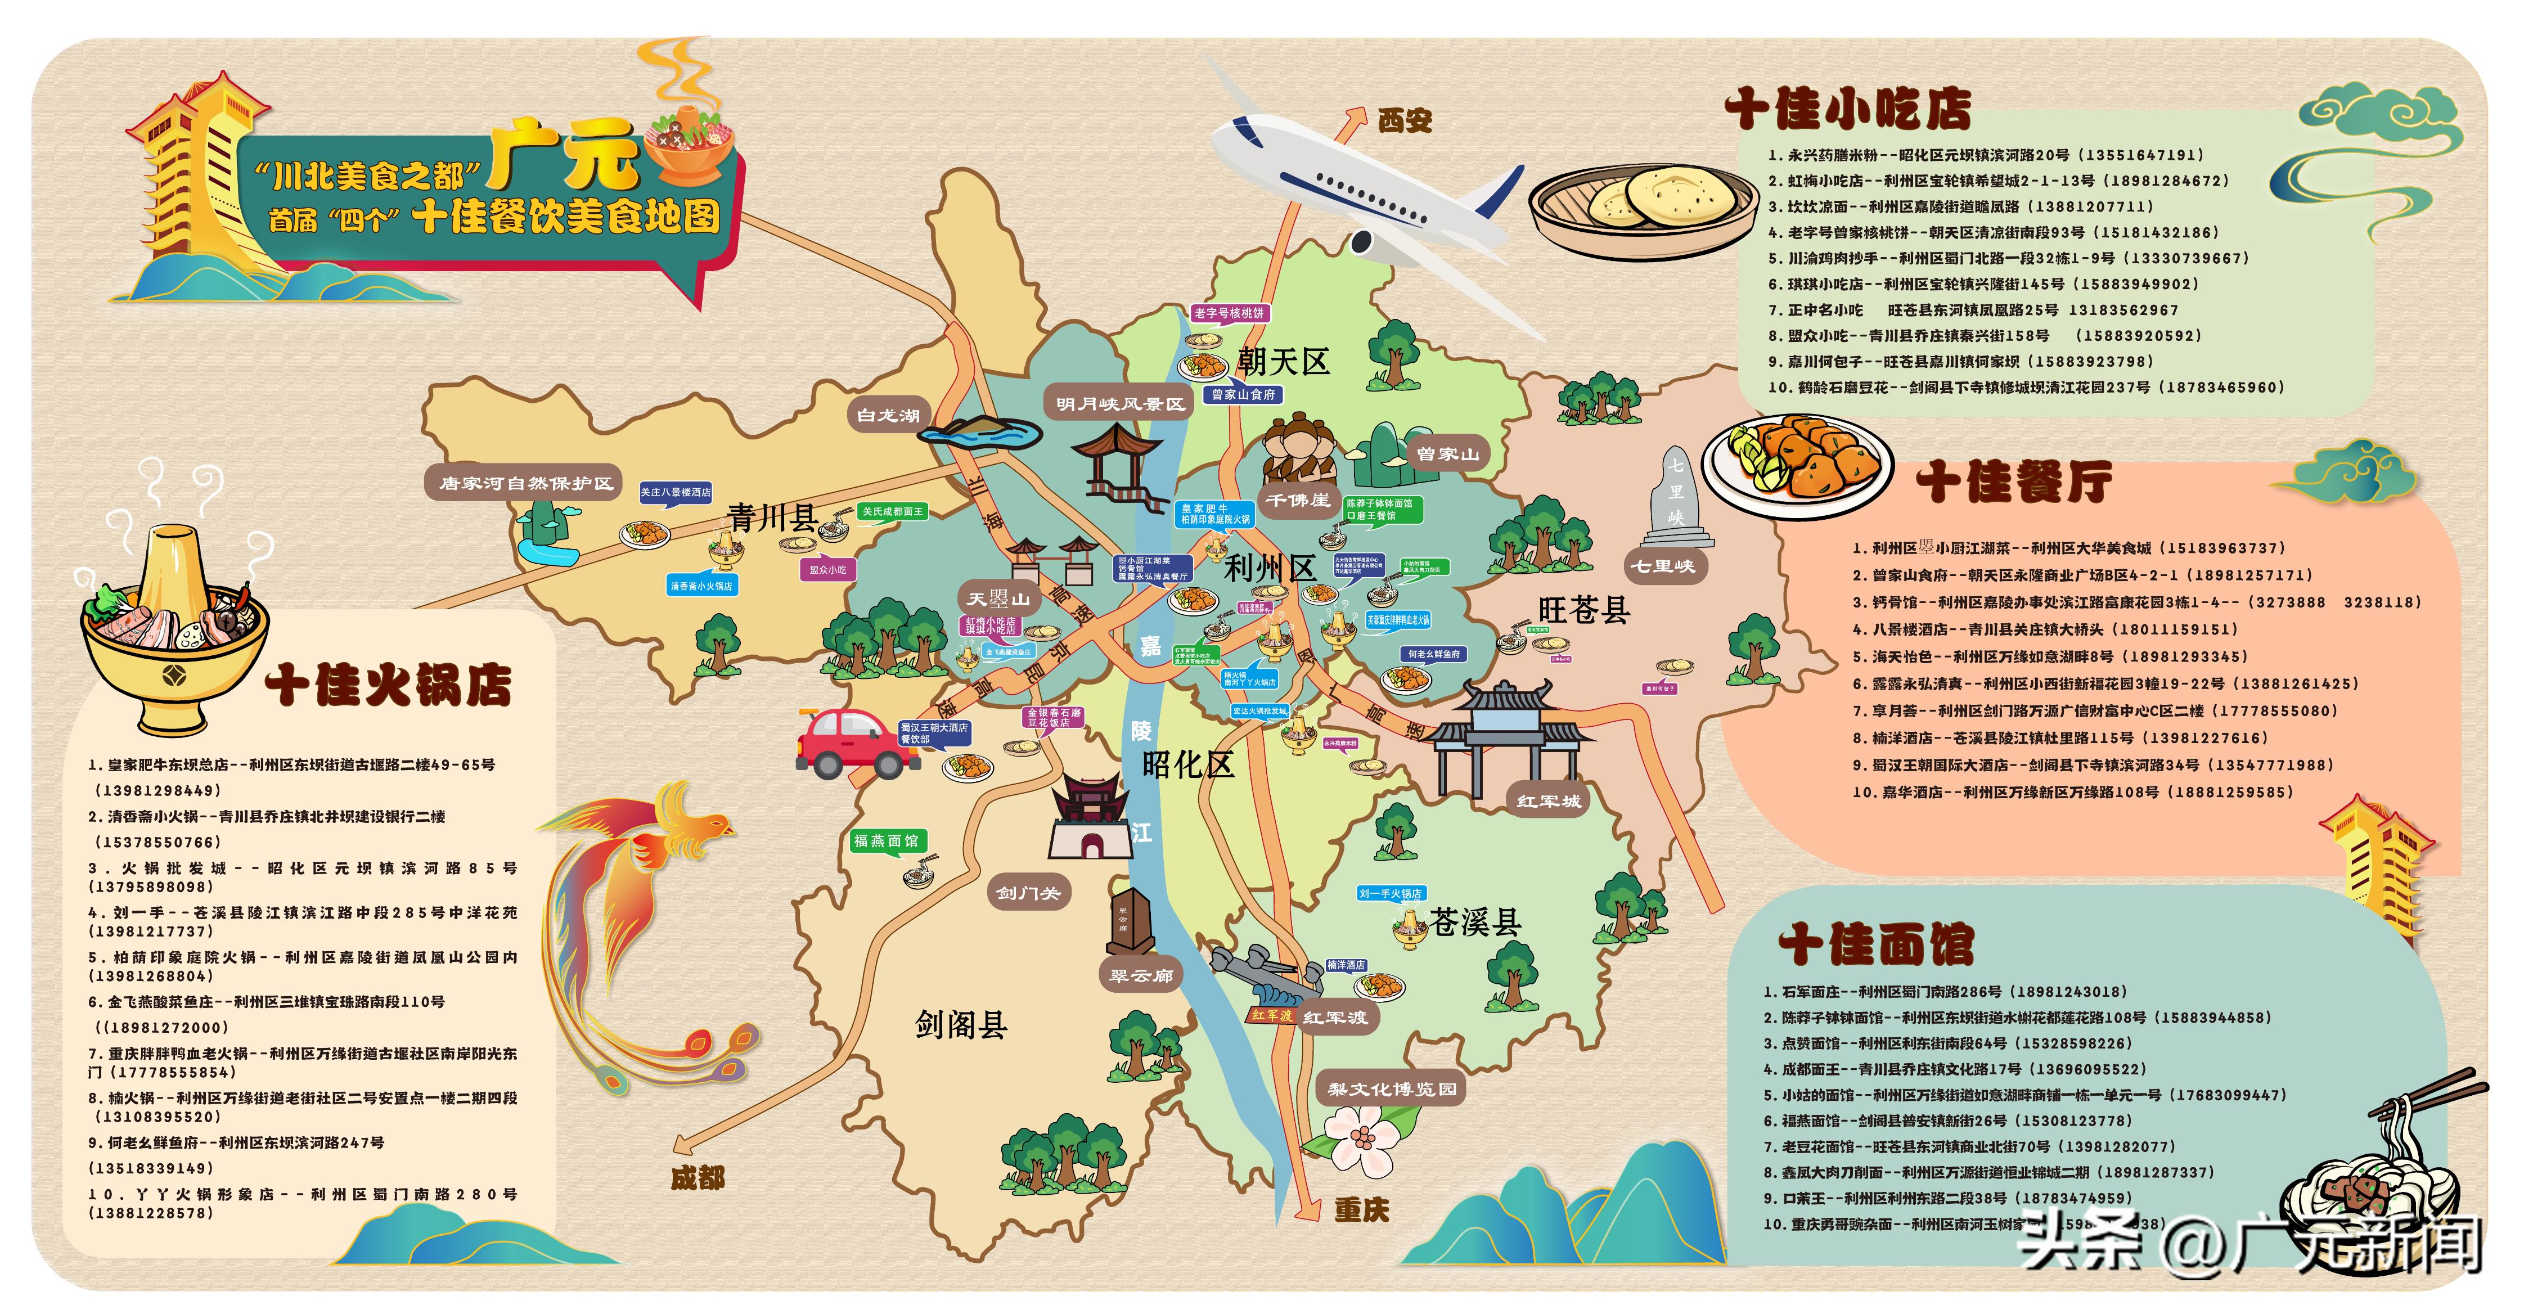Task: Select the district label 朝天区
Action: (x=1284, y=363)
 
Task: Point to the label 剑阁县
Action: (x=961, y=1025)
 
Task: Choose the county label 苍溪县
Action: (x=1474, y=922)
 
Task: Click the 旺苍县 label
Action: (x=1585, y=610)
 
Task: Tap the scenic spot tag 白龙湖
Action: (x=888, y=416)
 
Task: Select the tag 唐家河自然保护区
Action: (x=526, y=483)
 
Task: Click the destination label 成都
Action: (x=698, y=1178)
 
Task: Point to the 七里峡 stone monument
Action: (x=1676, y=499)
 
